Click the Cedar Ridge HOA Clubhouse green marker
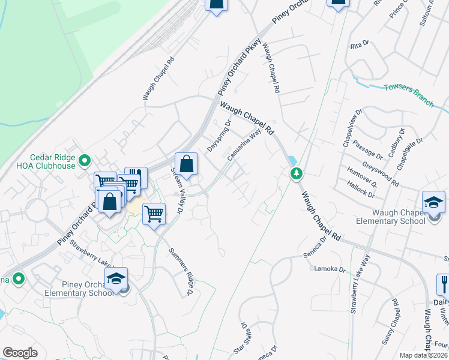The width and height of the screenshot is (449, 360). pyautogui.click(x=85, y=160)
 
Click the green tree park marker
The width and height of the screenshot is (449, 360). pyautogui.click(x=296, y=174)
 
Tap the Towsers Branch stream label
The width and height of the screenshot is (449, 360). pyautogui.click(x=408, y=95)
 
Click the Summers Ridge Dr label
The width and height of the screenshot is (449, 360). pyautogui.click(x=180, y=271)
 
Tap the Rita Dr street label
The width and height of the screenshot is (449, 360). pyautogui.click(x=358, y=46)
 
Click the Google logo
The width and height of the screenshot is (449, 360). pyautogui.click(x=20, y=353)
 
